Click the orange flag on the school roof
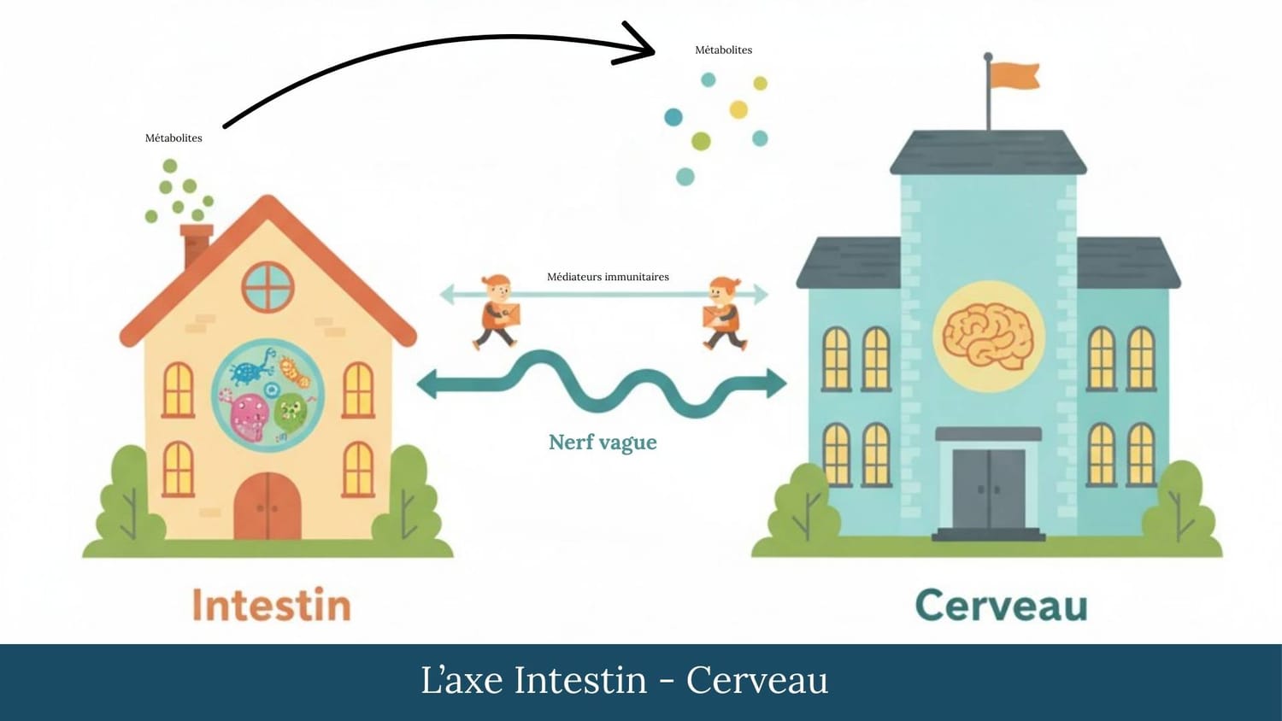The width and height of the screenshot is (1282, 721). click(1015, 75)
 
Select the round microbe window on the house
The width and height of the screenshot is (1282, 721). click(268, 395)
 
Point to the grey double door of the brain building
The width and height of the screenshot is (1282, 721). click(989, 489)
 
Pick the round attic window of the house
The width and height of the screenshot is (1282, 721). click(268, 286)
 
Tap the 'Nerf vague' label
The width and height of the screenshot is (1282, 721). click(603, 443)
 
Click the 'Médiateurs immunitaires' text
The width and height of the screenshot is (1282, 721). click(608, 277)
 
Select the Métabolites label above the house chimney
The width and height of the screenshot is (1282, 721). click(173, 138)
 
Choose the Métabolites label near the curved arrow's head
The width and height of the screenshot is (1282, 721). click(723, 50)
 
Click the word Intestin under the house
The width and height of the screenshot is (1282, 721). click(272, 605)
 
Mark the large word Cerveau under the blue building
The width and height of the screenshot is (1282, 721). click(1001, 605)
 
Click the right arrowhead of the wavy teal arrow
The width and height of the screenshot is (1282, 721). click(773, 383)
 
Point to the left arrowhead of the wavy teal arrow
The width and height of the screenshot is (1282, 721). click(428, 384)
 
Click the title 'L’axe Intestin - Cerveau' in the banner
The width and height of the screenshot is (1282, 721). click(624, 681)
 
